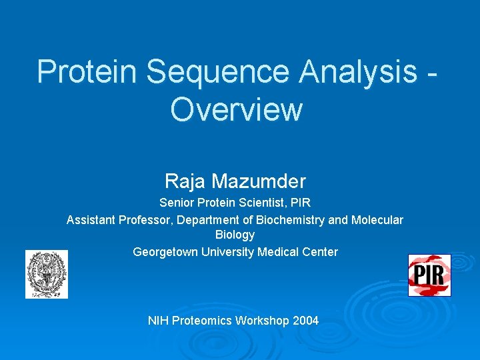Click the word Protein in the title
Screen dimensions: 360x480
pos(88,71)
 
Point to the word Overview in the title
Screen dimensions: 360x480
pos(236,110)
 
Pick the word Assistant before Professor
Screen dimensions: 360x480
pos(91,219)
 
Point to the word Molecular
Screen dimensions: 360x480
pos(377,219)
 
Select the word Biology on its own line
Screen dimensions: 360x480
pos(235,235)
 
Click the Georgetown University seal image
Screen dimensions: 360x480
pos(47,274)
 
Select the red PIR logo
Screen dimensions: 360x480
pos(429,275)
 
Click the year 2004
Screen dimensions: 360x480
pos(306,321)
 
